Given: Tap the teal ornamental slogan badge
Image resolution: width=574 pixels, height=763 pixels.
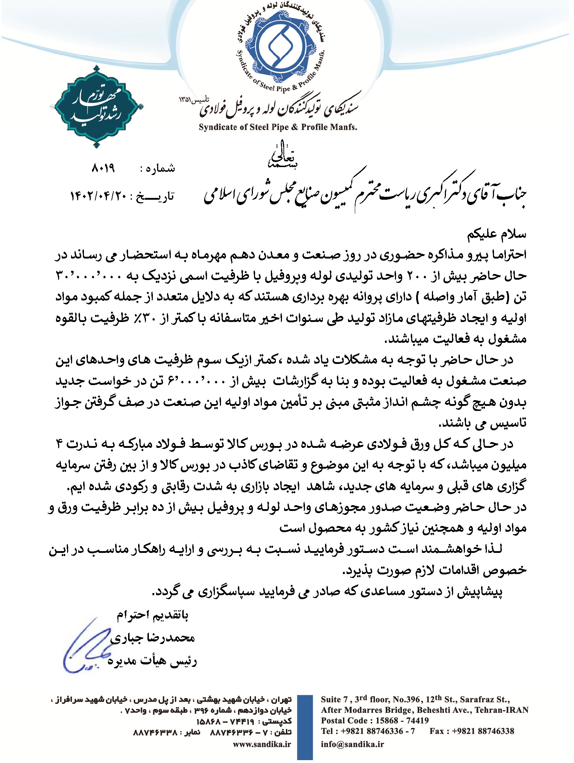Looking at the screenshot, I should tap(97, 106).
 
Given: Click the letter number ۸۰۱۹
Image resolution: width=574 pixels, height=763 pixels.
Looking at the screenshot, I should tap(103, 168).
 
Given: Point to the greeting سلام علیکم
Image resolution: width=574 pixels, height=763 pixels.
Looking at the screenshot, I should tap(497, 234).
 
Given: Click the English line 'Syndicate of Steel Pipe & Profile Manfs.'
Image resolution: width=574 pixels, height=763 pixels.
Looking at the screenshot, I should tap(278, 127).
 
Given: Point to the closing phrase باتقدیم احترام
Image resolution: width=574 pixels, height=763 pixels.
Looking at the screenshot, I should tap(152, 615).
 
